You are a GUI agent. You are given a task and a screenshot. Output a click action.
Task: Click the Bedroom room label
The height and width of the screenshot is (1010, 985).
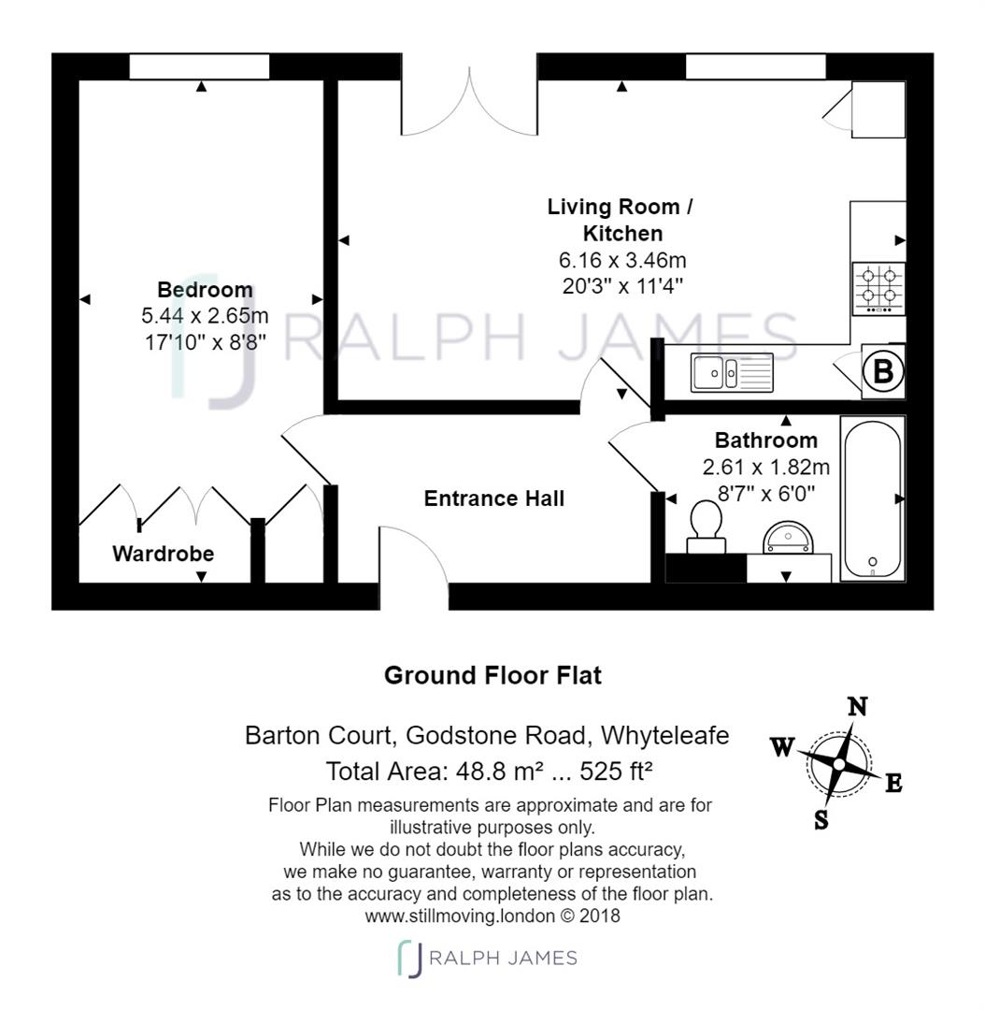click(205, 290)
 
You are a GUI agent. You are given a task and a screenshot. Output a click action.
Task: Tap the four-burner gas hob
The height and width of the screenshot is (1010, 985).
click(878, 288)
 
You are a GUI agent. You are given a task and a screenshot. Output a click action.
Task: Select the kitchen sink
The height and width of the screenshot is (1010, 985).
click(732, 372)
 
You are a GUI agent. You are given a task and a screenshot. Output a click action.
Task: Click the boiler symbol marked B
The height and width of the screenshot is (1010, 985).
click(883, 371)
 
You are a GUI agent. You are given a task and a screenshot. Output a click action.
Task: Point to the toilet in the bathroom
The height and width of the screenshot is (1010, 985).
click(706, 527)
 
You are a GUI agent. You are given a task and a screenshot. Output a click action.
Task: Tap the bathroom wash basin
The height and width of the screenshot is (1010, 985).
click(788, 538)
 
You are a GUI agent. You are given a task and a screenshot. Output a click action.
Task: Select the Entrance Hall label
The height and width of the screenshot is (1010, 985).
click(493, 498)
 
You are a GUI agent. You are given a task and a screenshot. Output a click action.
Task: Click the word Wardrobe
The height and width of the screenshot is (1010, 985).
click(163, 554)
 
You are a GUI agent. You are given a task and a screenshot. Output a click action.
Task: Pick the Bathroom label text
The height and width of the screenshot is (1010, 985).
click(766, 440)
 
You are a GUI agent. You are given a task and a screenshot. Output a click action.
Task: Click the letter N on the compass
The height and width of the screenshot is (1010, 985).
click(857, 707)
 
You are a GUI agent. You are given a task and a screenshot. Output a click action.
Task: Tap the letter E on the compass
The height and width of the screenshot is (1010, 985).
click(893, 784)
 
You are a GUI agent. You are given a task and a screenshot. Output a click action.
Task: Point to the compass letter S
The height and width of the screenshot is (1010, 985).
click(821, 820)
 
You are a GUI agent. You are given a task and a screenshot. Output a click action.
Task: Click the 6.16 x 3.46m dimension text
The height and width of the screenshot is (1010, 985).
click(622, 260)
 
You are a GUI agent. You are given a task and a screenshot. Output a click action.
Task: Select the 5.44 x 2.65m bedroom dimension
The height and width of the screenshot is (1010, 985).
click(205, 316)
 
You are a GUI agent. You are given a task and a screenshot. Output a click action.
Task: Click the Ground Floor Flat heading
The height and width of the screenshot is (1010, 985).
click(492, 676)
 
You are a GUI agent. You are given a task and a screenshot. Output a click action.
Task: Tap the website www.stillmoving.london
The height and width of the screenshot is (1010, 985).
click(460, 916)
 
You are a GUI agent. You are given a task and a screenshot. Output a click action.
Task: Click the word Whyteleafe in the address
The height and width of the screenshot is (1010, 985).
click(665, 736)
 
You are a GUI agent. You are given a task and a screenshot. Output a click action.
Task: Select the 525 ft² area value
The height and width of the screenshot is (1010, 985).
click(616, 771)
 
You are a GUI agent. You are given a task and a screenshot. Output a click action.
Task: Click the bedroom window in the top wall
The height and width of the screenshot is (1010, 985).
click(199, 67)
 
